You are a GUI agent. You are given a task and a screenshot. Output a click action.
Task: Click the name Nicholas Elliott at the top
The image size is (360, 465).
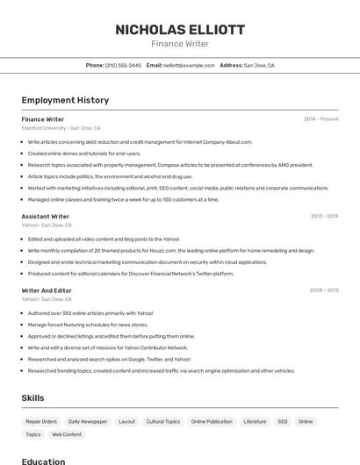[x=180, y=30]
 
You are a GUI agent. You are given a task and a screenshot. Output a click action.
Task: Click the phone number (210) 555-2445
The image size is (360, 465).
[x=123, y=65]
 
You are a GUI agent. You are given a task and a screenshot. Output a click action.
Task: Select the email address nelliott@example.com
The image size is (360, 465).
[x=189, y=65]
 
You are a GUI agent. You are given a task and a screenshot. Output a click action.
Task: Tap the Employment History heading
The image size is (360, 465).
[x=65, y=100]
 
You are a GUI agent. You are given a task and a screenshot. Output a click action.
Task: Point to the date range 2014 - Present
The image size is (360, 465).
[x=320, y=119]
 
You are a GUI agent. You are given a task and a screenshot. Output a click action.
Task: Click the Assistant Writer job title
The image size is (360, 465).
[x=46, y=216]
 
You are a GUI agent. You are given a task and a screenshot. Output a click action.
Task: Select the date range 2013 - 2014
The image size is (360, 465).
[x=324, y=216]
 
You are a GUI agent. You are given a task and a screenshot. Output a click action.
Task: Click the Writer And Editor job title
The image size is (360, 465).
[x=47, y=290]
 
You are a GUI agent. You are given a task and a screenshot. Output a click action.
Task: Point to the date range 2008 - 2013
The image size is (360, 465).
[x=324, y=290]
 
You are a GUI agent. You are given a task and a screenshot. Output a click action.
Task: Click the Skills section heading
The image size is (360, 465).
[x=33, y=397]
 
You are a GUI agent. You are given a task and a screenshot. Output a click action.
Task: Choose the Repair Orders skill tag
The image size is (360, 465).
[x=41, y=421]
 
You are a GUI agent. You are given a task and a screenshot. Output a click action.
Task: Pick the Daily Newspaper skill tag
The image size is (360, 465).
[x=88, y=421]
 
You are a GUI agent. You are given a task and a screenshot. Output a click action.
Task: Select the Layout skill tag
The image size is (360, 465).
[x=127, y=421]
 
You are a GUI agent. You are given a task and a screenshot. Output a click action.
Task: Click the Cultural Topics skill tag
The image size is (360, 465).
[x=163, y=421]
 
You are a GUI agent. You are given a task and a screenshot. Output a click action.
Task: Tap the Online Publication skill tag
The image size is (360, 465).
[x=212, y=421]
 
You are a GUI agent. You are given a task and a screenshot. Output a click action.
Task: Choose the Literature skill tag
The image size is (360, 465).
[x=255, y=421]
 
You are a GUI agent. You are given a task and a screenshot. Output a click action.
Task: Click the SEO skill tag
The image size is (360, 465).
[x=283, y=421]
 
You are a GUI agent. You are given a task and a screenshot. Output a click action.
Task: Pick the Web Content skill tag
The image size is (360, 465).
[x=67, y=434]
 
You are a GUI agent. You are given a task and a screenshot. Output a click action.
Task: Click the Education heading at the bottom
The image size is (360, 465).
[x=44, y=461]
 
